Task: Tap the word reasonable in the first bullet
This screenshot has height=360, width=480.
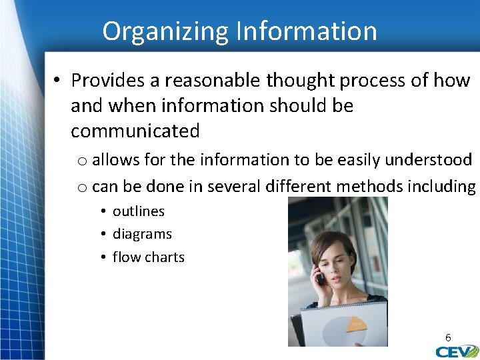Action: tap(213, 81)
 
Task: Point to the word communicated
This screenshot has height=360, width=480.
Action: tap(135, 131)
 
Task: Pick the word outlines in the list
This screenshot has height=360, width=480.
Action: tap(139, 211)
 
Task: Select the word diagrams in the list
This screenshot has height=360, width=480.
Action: tap(142, 234)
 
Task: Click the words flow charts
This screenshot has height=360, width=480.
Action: tap(148, 257)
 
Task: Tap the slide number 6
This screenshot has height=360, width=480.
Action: tap(449, 337)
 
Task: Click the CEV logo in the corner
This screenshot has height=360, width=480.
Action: tap(457, 351)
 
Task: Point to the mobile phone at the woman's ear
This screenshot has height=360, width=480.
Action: tap(319, 277)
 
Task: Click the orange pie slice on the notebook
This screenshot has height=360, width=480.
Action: tap(357, 324)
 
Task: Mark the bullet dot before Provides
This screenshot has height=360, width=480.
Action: tap(58, 81)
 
